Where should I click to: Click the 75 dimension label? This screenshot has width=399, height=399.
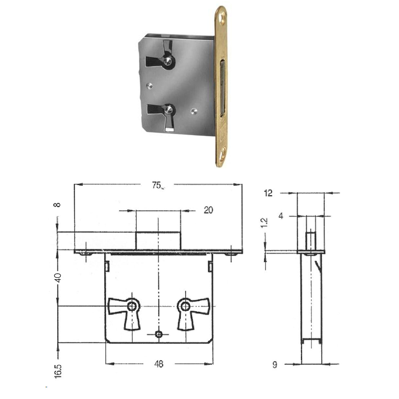[x=156, y=185]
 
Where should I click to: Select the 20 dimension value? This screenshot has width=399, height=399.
[x=208, y=210]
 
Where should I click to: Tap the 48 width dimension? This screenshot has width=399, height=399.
[x=158, y=364]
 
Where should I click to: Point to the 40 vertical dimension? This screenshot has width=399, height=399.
[x=58, y=277]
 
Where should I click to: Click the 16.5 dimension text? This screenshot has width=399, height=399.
[x=58, y=371]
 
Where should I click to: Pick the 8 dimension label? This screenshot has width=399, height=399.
[x=58, y=205]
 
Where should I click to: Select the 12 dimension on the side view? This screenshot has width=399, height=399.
[x=268, y=193]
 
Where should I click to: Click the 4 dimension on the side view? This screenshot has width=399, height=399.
[x=281, y=216]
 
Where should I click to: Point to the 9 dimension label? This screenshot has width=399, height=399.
[x=275, y=364]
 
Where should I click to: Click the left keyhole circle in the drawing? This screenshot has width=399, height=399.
[x=132, y=306]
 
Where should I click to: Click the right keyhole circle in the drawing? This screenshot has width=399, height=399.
[x=185, y=306]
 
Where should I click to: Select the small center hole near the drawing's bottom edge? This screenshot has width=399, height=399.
[x=159, y=334]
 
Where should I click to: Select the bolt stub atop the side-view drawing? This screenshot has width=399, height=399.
[x=311, y=241]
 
